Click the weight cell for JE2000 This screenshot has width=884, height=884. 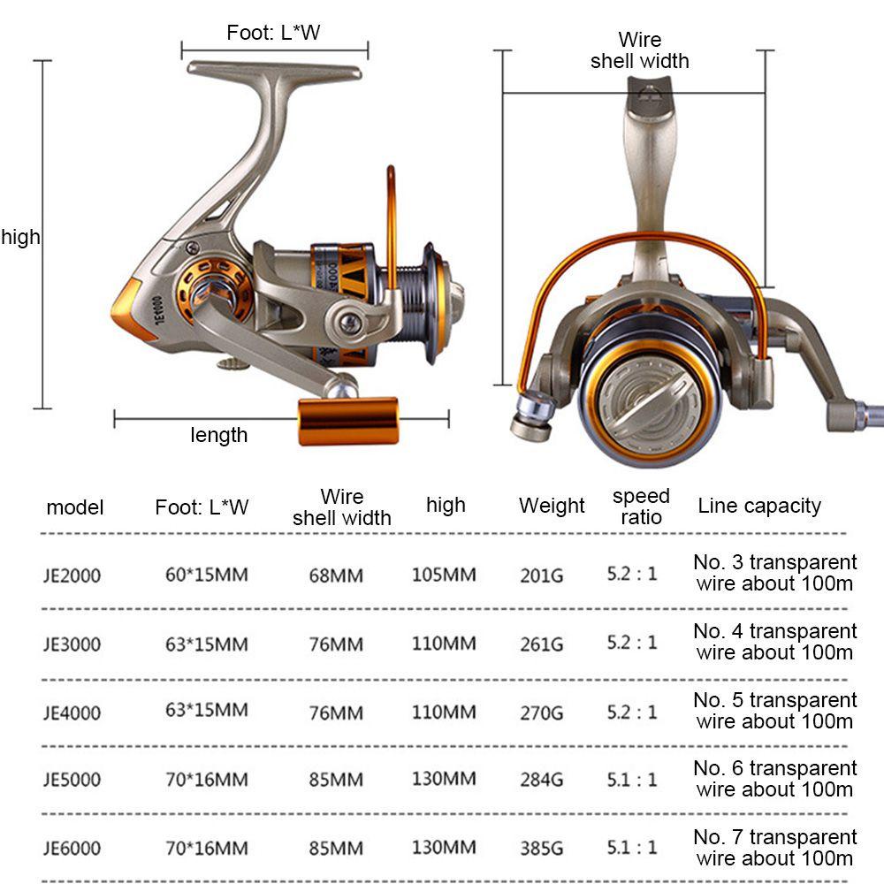coord(541,575)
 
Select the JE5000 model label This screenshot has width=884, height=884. coord(72,780)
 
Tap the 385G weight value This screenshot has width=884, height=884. coord(541,848)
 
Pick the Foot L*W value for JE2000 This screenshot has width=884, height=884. coord(206,575)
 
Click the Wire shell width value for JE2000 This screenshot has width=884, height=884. coord(336,575)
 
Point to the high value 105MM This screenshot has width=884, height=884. coord(444,575)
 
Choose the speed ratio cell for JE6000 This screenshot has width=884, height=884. coord(632,847)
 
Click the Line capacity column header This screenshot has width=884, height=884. coord(759,506)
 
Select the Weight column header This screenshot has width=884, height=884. coord(552,505)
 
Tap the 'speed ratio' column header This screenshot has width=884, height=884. coord(641,507)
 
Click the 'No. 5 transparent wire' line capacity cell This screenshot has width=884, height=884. coord(775,711)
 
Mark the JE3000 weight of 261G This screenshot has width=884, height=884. coord(541,644)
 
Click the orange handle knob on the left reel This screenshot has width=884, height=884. coord(347,421)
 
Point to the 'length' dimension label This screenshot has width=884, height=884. coord(218,435)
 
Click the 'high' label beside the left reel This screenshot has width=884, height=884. coord(21,237)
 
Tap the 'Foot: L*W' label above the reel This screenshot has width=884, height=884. coord(273,32)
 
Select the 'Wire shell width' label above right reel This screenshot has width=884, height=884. coord(640,50)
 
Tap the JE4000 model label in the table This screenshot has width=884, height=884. coord(72,713)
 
